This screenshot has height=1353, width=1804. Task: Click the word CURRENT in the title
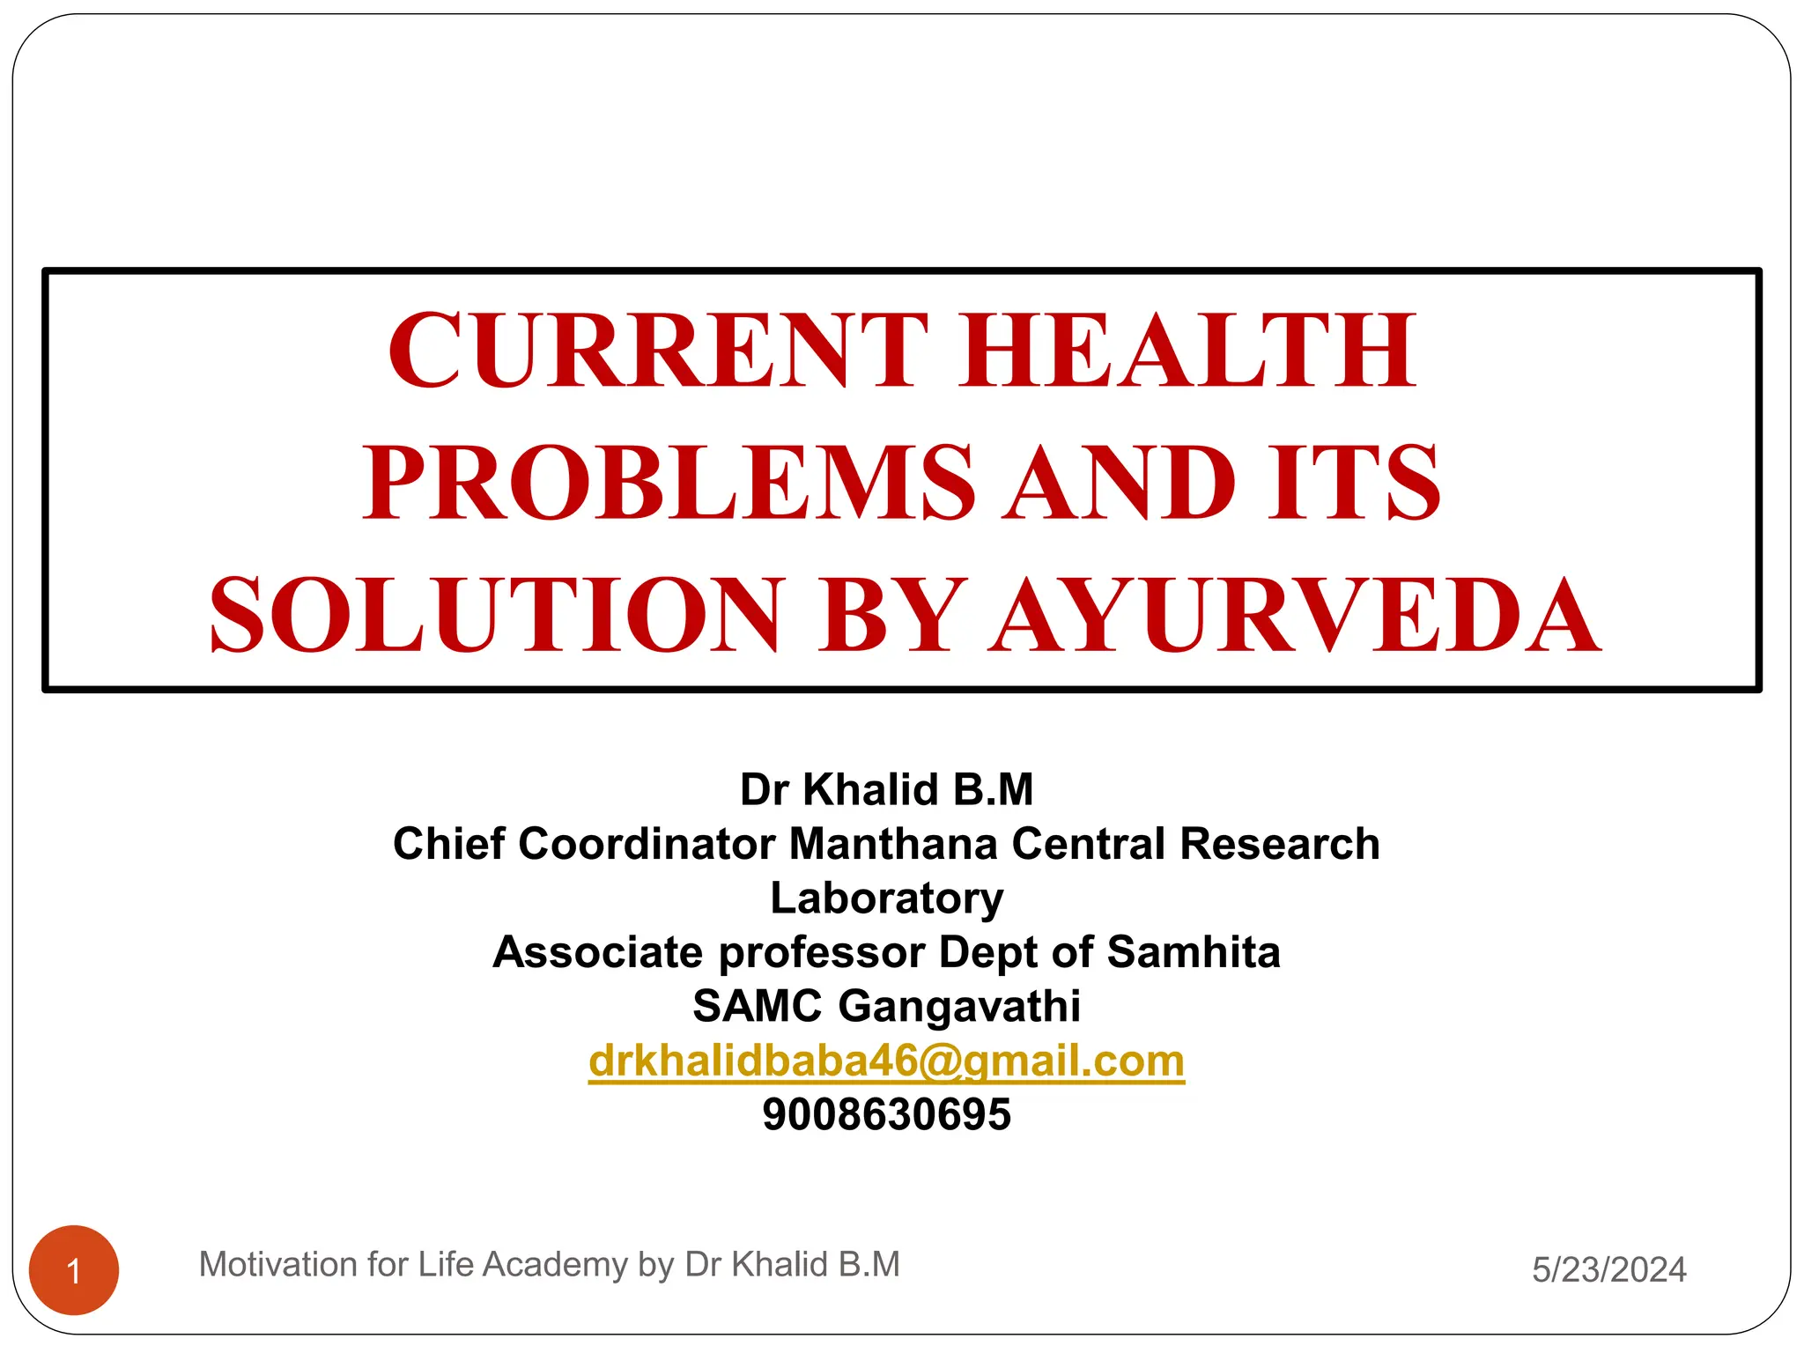[657, 350]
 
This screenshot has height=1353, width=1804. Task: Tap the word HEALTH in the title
[1188, 350]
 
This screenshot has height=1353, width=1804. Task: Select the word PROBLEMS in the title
[669, 482]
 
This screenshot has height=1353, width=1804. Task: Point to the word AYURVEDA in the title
[1294, 615]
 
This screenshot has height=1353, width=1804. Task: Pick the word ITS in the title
[1354, 482]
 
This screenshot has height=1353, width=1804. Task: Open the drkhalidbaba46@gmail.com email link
[886, 1061]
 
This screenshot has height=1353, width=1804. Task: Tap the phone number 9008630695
[886, 1114]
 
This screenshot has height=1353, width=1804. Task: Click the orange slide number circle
[74, 1270]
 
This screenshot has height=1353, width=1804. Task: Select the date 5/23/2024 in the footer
[1608, 1269]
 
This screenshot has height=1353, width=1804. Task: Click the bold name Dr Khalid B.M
[886, 789]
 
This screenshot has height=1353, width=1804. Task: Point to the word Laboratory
[886, 898]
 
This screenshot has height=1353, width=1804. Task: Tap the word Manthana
[893, 844]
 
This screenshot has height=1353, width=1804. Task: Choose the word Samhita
[1193, 952]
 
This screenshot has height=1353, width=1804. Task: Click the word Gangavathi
[959, 1007]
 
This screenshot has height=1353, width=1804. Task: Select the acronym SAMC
[758, 1007]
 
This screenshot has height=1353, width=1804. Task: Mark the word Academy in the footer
[554, 1265]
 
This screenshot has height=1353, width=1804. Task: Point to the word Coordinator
[647, 844]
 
